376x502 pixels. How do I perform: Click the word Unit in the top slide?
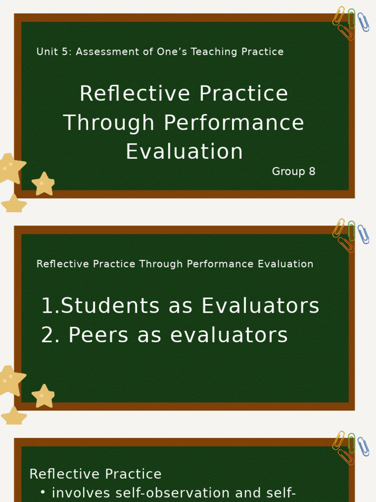point(47,52)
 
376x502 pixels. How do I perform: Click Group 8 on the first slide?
point(293,172)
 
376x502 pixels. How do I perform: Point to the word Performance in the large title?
point(234,123)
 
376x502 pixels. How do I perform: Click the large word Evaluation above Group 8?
point(184,151)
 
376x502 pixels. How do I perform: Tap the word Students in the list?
point(110,306)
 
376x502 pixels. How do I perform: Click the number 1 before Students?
point(47,306)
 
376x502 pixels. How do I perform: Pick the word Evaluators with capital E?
point(260,306)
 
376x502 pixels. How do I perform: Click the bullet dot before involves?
point(43,492)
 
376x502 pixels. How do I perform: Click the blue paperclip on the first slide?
point(363,22)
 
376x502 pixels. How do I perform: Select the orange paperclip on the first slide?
point(346,32)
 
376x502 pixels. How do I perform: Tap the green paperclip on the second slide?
point(352,230)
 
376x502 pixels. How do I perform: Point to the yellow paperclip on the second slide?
point(339,228)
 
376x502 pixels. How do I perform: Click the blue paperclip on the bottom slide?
point(363,447)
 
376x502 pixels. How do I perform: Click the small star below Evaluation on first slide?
point(43,184)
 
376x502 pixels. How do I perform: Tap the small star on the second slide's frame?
point(43,396)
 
